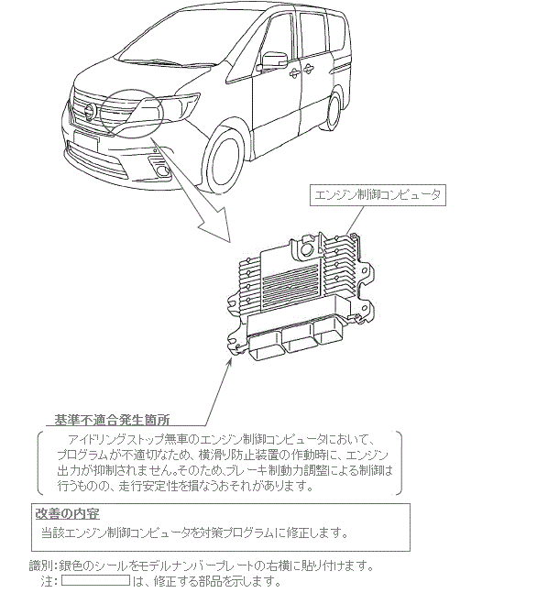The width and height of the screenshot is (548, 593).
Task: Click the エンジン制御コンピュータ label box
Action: (x=378, y=195)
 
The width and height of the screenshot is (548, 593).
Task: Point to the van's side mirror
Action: (x=274, y=60)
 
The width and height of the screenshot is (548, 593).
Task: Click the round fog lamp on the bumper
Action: (x=164, y=171)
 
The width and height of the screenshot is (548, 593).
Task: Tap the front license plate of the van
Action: (x=87, y=139)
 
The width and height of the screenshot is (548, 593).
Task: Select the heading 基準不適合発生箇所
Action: (x=112, y=420)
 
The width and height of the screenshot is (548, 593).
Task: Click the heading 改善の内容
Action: (x=67, y=513)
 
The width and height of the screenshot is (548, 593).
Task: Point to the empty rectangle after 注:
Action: (x=95, y=580)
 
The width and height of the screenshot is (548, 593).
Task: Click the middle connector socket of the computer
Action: (x=297, y=340)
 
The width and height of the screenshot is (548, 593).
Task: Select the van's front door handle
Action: (x=294, y=72)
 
